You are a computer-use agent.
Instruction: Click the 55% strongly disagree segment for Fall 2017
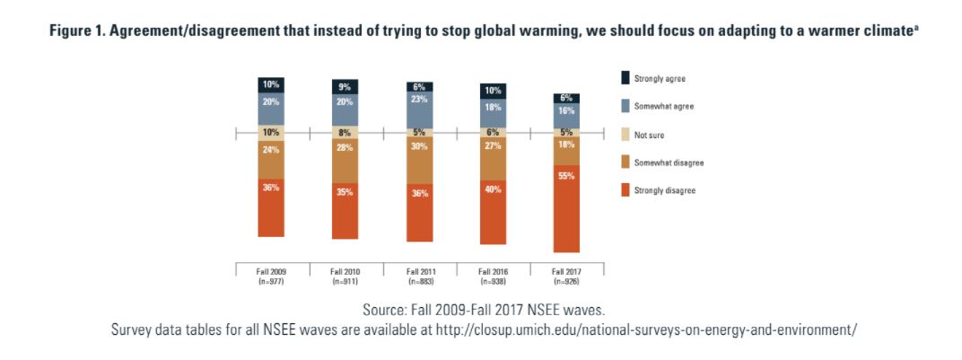[566, 208]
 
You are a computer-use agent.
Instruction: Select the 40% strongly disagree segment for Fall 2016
[493, 212]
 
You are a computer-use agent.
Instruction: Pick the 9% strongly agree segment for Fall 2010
[345, 86]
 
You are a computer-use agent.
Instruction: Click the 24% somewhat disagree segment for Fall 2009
[271, 159]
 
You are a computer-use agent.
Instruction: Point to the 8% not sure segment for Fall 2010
[345, 132]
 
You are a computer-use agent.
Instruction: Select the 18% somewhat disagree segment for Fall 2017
[566, 151]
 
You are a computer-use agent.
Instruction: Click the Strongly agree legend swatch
[625, 79]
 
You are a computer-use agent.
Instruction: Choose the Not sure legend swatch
[625, 134]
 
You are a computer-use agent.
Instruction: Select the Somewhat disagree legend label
[669, 162]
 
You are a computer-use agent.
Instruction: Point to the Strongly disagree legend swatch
[625, 189]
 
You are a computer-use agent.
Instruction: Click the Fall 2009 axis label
[271, 271]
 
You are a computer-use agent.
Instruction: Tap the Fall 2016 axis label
[493, 271]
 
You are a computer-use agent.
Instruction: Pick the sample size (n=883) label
[419, 280]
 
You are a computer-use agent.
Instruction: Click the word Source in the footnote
[386, 310]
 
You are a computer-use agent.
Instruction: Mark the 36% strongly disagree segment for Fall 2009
[271, 207]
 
